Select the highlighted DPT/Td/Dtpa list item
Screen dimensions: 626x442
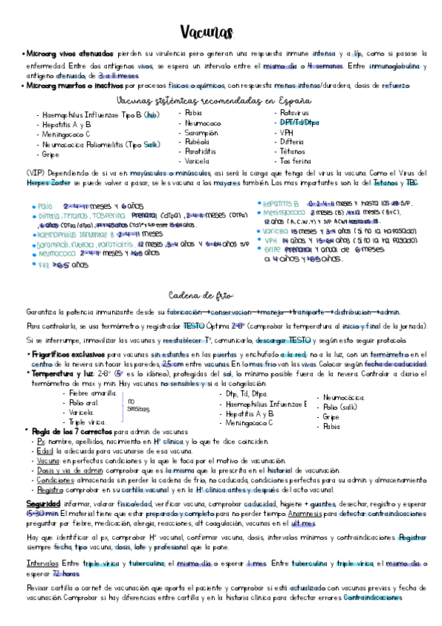point(299,123)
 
